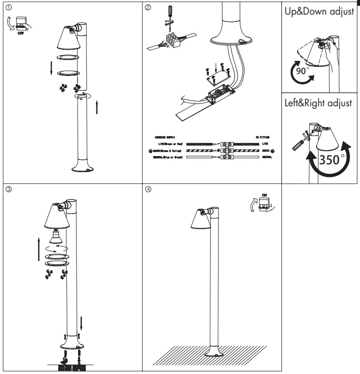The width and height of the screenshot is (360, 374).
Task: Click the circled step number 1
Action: tap(7, 8)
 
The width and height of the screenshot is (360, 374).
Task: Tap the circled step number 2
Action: tap(148, 8)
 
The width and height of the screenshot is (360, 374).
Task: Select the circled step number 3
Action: tap(7, 189)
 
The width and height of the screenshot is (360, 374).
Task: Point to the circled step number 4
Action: tap(148, 189)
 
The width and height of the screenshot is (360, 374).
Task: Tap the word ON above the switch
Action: tap(264, 195)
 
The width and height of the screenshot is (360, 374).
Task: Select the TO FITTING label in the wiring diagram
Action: tap(263, 138)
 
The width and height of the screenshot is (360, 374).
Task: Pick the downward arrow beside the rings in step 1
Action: tap(51, 68)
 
